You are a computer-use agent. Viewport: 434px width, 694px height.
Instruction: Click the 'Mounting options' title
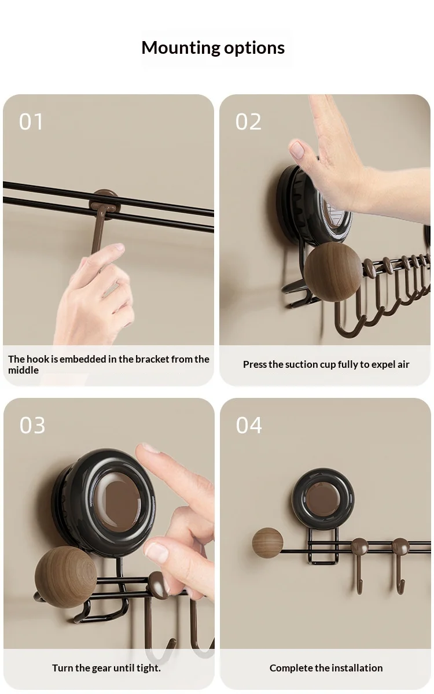click(x=213, y=47)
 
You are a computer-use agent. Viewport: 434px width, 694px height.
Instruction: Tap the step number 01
click(x=31, y=121)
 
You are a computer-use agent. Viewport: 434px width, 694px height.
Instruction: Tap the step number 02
click(x=248, y=121)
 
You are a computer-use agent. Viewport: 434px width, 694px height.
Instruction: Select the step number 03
click(x=32, y=425)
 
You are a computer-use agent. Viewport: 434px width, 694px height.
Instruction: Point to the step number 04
click(x=249, y=425)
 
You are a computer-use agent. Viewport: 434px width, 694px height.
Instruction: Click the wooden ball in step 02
click(x=333, y=272)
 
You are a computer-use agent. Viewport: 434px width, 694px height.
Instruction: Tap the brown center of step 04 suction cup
click(x=323, y=500)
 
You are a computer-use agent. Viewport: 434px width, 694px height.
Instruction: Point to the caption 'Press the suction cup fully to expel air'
click(x=326, y=364)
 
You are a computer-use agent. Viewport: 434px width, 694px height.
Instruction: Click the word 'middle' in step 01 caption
click(x=23, y=370)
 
